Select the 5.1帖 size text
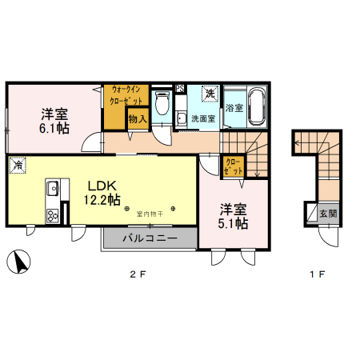tap(233, 224)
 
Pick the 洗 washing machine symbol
tap(210, 94)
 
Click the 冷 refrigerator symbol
tap(16, 165)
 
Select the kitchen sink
tap(53, 190)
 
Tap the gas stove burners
tap(53, 214)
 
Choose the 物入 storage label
tap(137, 119)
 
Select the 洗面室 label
tap(202, 118)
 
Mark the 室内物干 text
tap(150, 213)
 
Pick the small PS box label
tap(181, 88)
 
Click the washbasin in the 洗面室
tap(182, 119)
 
